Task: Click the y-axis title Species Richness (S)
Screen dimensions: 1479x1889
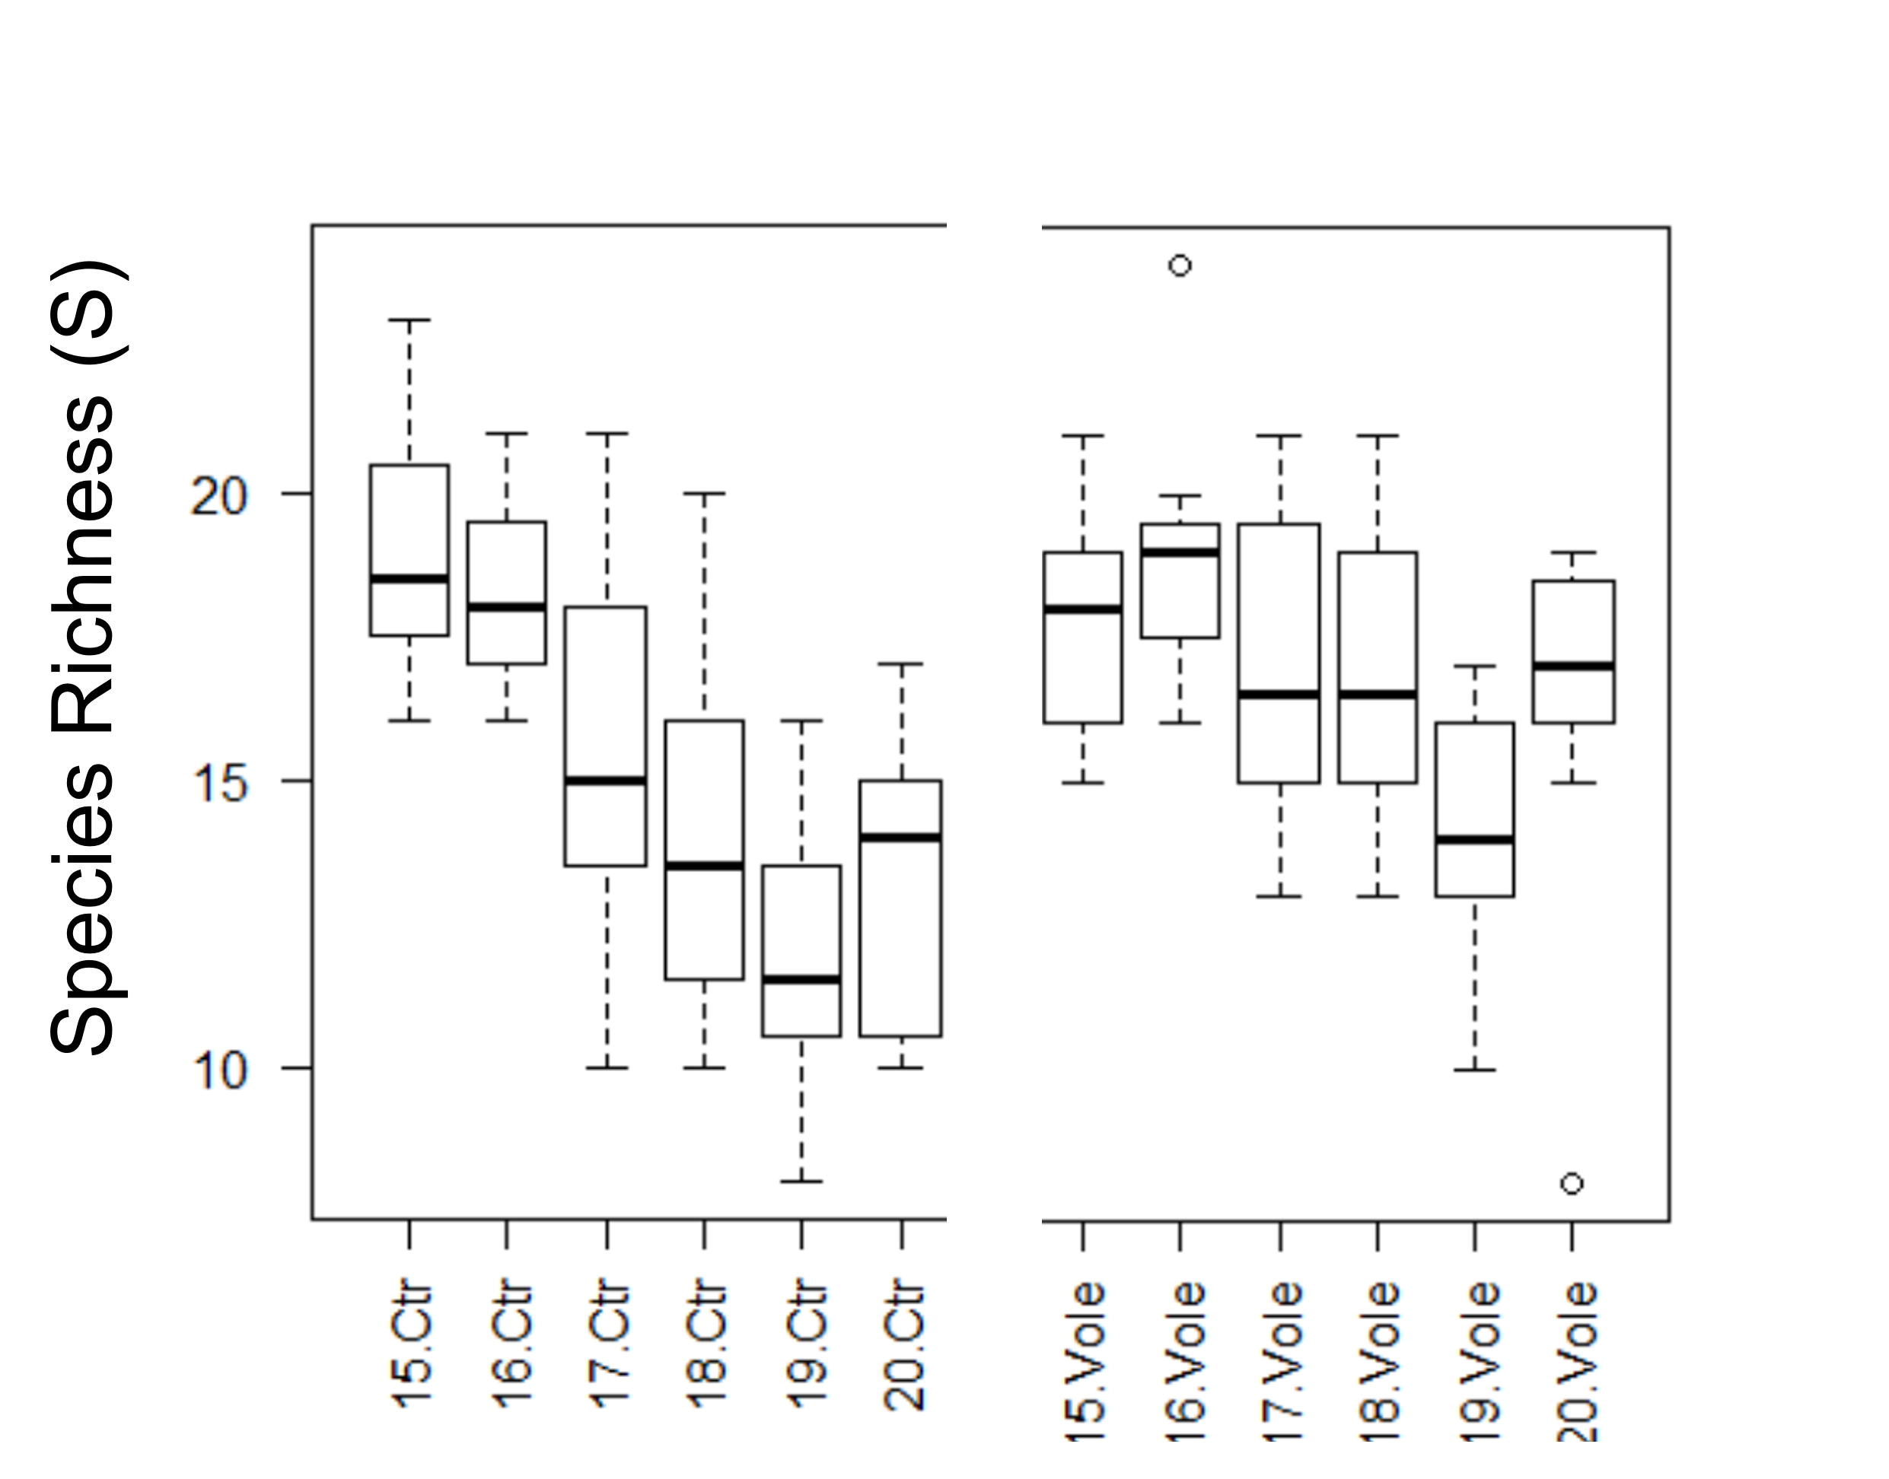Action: [82, 658]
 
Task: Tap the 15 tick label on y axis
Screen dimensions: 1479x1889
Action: [220, 783]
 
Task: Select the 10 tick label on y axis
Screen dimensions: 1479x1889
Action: [220, 1070]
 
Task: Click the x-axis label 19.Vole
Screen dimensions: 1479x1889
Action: [1477, 1360]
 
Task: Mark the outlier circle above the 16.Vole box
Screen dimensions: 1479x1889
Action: [1180, 265]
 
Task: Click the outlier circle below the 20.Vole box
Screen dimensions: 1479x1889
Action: [1572, 1183]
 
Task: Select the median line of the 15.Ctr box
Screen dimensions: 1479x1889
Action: [409, 577]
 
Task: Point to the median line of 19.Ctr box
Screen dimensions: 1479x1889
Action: [801, 979]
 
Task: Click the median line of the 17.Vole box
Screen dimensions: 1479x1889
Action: [1279, 694]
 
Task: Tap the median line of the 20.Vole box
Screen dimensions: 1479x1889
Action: [1572, 665]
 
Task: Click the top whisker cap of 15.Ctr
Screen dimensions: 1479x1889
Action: [409, 320]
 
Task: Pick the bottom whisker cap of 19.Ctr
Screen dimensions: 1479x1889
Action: [801, 1180]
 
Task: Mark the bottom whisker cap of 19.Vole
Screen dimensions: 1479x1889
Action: [1475, 1070]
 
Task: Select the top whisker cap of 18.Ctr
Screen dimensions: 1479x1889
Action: [704, 493]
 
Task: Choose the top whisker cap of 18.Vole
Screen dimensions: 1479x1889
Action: [1377, 436]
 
